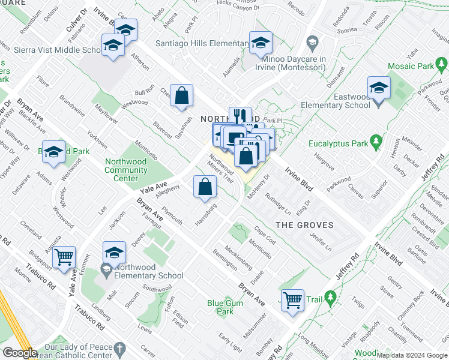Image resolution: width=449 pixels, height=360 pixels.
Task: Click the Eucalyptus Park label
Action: click(x=338, y=144)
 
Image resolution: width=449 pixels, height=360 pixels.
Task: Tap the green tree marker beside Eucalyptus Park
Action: click(x=376, y=142)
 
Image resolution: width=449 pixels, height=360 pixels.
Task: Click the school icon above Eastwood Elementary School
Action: click(x=379, y=88)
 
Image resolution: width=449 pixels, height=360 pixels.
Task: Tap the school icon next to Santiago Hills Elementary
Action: click(x=261, y=43)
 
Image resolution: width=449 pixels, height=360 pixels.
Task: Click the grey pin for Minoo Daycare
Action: click(x=312, y=43)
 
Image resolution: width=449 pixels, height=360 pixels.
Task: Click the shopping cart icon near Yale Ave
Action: click(x=64, y=257)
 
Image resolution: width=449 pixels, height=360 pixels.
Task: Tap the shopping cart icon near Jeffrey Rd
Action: click(x=292, y=299)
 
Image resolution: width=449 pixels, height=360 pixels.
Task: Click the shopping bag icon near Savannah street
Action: click(x=181, y=95)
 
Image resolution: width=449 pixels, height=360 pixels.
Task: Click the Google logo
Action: click(x=20, y=353)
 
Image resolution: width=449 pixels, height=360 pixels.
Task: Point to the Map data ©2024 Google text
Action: click(x=412, y=355)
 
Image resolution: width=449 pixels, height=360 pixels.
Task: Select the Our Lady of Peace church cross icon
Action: click(x=120, y=348)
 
